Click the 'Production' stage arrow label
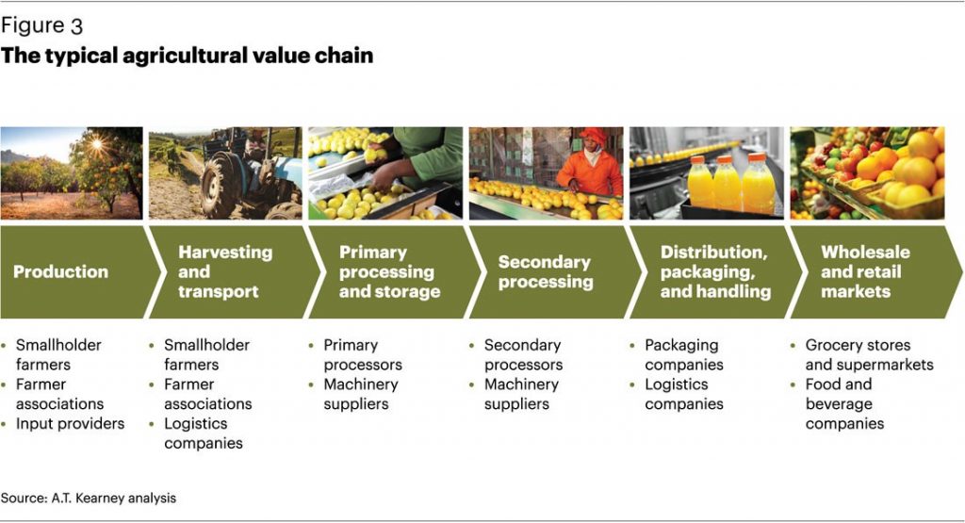[60, 271]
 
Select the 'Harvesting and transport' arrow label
[224, 271]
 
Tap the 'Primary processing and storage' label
[388, 271]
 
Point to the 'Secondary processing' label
[545, 271]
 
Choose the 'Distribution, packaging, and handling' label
[714, 271]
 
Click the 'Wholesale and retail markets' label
[864, 271]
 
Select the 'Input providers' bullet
[70, 423]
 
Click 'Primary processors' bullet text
[363, 354]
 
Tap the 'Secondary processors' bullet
[523, 354]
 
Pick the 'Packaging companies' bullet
[684, 354]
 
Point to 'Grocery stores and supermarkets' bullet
[868, 354]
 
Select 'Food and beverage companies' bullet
[844, 403]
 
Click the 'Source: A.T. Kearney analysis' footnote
[89, 497]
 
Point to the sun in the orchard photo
[97, 144]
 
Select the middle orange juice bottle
[727, 183]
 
